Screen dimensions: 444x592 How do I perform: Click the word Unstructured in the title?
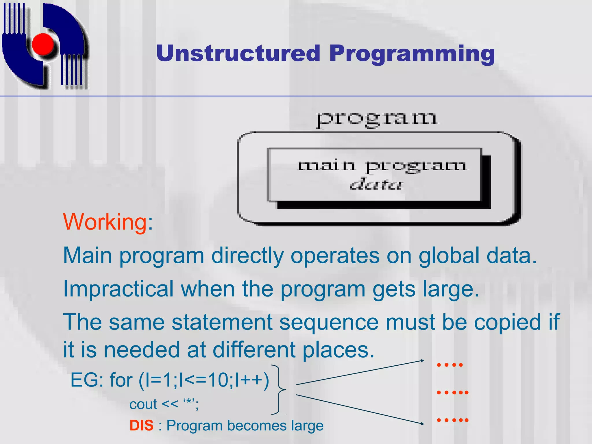click(x=238, y=53)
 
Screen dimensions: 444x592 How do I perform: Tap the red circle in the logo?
click(x=43, y=44)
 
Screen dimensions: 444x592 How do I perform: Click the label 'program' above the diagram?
click(x=376, y=119)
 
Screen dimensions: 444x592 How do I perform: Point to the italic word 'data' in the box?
click(x=375, y=184)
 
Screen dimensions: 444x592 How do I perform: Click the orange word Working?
click(x=105, y=222)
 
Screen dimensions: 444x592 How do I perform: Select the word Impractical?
click(x=118, y=289)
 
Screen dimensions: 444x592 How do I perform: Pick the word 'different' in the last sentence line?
click(x=254, y=350)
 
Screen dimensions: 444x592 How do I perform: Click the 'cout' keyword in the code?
click(x=143, y=404)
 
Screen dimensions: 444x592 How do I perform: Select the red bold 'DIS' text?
click(x=141, y=425)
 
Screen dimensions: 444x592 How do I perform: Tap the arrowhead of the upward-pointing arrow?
click(x=422, y=360)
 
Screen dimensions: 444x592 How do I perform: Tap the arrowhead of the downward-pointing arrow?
click(x=422, y=423)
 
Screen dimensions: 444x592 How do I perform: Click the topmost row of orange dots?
click(x=450, y=365)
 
